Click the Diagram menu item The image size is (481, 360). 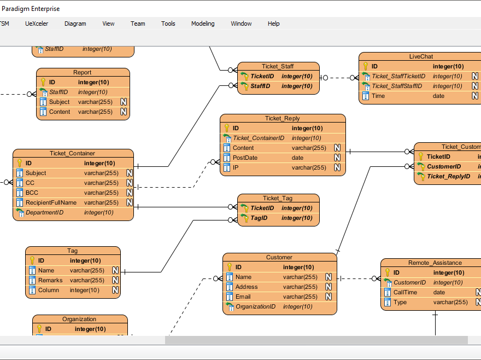click(x=75, y=24)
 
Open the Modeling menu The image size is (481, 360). click(x=203, y=24)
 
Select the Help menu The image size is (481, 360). click(x=273, y=24)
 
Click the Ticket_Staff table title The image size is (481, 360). click(x=278, y=66)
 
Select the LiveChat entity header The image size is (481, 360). click(x=420, y=56)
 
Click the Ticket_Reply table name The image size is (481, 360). click(x=282, y=118)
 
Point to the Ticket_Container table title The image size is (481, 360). click(x=72, y=153)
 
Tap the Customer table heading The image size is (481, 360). click(x=279, y=257)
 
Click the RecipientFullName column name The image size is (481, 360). click(x=51, y=202)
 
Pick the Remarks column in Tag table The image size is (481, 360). click(x=50, y=280)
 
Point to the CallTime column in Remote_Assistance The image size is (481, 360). click(x=405, y=292)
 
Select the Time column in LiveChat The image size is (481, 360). click(x=378, y=96)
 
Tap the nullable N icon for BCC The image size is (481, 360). click(x=130, y=193)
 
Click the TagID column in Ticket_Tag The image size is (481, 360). click(x=259, y=218)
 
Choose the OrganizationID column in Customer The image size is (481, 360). click(x=255, y=306)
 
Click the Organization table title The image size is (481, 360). click(x=79, y=319)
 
